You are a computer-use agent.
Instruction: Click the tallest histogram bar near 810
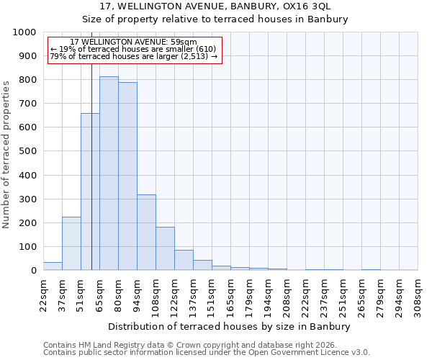pos(109,173)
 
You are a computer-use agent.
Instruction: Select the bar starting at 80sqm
pos(127,176)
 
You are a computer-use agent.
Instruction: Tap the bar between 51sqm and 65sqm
pos(90,192)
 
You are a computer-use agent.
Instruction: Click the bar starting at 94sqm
pos(146,232)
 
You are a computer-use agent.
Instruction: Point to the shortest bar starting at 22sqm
pos(53,266)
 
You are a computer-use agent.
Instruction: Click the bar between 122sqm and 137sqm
pos(184,260)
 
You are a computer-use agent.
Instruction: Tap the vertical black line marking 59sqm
pos(91,144)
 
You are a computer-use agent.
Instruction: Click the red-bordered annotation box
pos(135,50)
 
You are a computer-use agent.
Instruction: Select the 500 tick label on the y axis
pos(27,151)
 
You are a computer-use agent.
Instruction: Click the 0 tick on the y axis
pos(33,271)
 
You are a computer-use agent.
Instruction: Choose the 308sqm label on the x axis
pos(418,292)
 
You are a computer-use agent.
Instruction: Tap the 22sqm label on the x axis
pos(43,292)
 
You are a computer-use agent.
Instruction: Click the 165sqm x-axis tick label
pos(230,292)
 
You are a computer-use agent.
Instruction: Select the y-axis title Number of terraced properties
pos(6,154)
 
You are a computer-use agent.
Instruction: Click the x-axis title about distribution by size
pos(230,326)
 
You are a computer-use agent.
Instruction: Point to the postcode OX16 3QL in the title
pos(305,6)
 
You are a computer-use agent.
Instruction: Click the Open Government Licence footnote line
pos(207,352)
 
